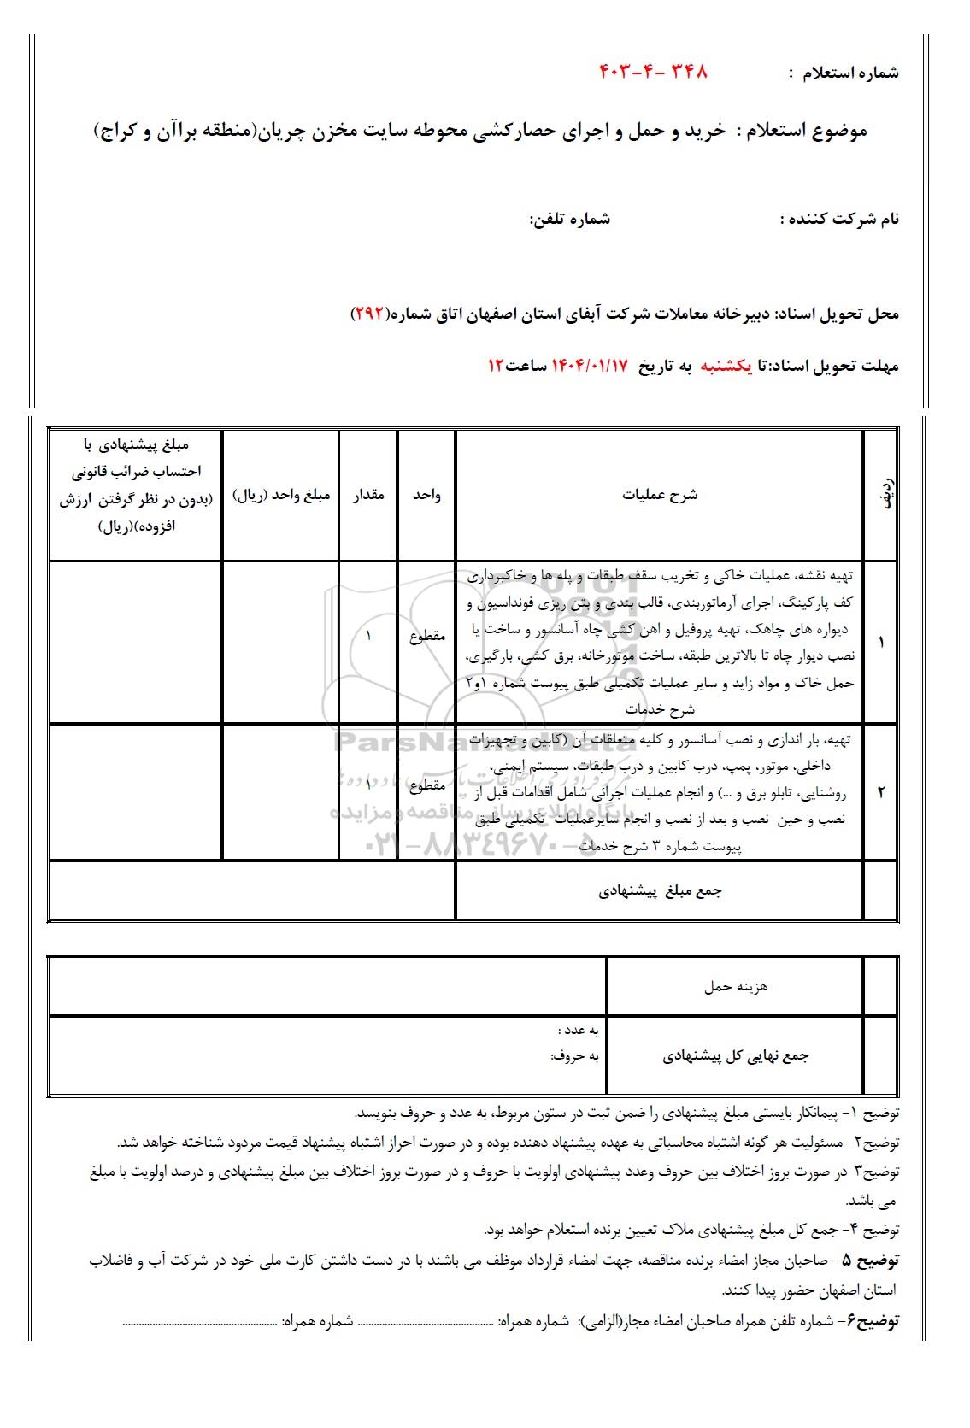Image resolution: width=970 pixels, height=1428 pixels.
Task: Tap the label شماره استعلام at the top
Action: tap(850, 73)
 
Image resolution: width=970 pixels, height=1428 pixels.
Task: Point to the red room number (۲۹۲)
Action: tap(369, 314)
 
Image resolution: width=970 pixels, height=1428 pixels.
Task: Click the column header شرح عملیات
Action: tap(660, 495)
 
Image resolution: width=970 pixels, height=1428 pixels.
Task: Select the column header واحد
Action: tap(426, 495)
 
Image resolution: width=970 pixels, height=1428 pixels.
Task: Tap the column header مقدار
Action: tap(368, 495)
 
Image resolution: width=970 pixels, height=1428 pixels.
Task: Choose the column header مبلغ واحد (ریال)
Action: tap(281, 495)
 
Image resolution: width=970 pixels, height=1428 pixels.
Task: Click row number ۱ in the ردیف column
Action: tap(881, 642)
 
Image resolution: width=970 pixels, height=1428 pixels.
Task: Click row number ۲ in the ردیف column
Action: tap(881, 791)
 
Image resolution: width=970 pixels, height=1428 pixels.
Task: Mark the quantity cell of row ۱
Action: tap(368, 636)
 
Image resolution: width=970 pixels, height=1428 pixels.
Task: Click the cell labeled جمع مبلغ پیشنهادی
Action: tap(660, 891)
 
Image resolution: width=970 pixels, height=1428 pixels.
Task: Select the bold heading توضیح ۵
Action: tap(871, 1261)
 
